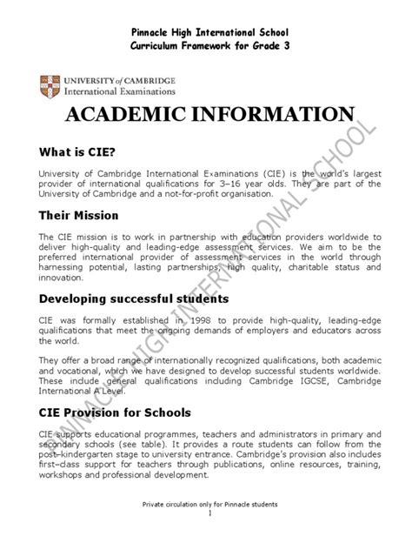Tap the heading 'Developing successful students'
(134, 298)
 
